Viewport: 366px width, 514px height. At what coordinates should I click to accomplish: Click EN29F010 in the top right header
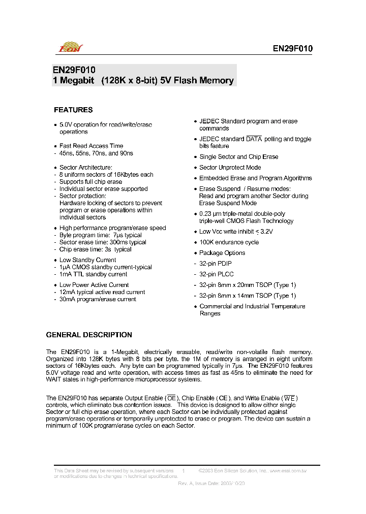292,49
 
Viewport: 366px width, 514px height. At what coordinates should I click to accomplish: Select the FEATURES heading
73,110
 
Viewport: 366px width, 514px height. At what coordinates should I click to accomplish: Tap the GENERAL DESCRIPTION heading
89,335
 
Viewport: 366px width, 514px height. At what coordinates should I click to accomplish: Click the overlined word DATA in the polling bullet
254,139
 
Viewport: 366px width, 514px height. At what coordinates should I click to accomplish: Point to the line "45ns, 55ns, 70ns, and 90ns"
96,153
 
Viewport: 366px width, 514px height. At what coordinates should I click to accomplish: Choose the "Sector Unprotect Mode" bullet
230,168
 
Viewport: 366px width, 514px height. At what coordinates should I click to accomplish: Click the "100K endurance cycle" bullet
229,242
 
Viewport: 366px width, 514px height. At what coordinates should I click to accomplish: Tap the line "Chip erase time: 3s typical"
95,249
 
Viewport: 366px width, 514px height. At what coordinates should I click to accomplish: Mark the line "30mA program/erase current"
98,299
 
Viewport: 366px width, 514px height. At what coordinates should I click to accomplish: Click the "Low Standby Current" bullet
87,260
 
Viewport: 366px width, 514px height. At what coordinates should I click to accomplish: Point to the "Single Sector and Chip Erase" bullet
238,157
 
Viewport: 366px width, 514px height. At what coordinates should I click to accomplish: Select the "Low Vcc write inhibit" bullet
236,232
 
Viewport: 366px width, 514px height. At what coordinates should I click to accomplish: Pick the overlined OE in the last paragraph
171,398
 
